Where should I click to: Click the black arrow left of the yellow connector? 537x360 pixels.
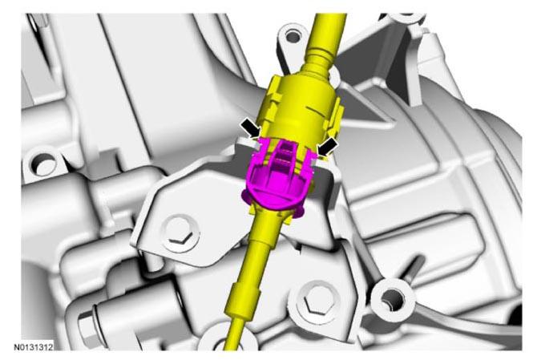251,129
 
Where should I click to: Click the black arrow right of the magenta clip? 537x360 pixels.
327,148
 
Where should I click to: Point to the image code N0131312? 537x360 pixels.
33,347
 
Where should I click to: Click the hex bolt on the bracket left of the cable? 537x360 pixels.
181,234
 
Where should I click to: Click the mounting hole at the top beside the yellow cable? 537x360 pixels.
292,35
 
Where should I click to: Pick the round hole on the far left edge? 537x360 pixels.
42,164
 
